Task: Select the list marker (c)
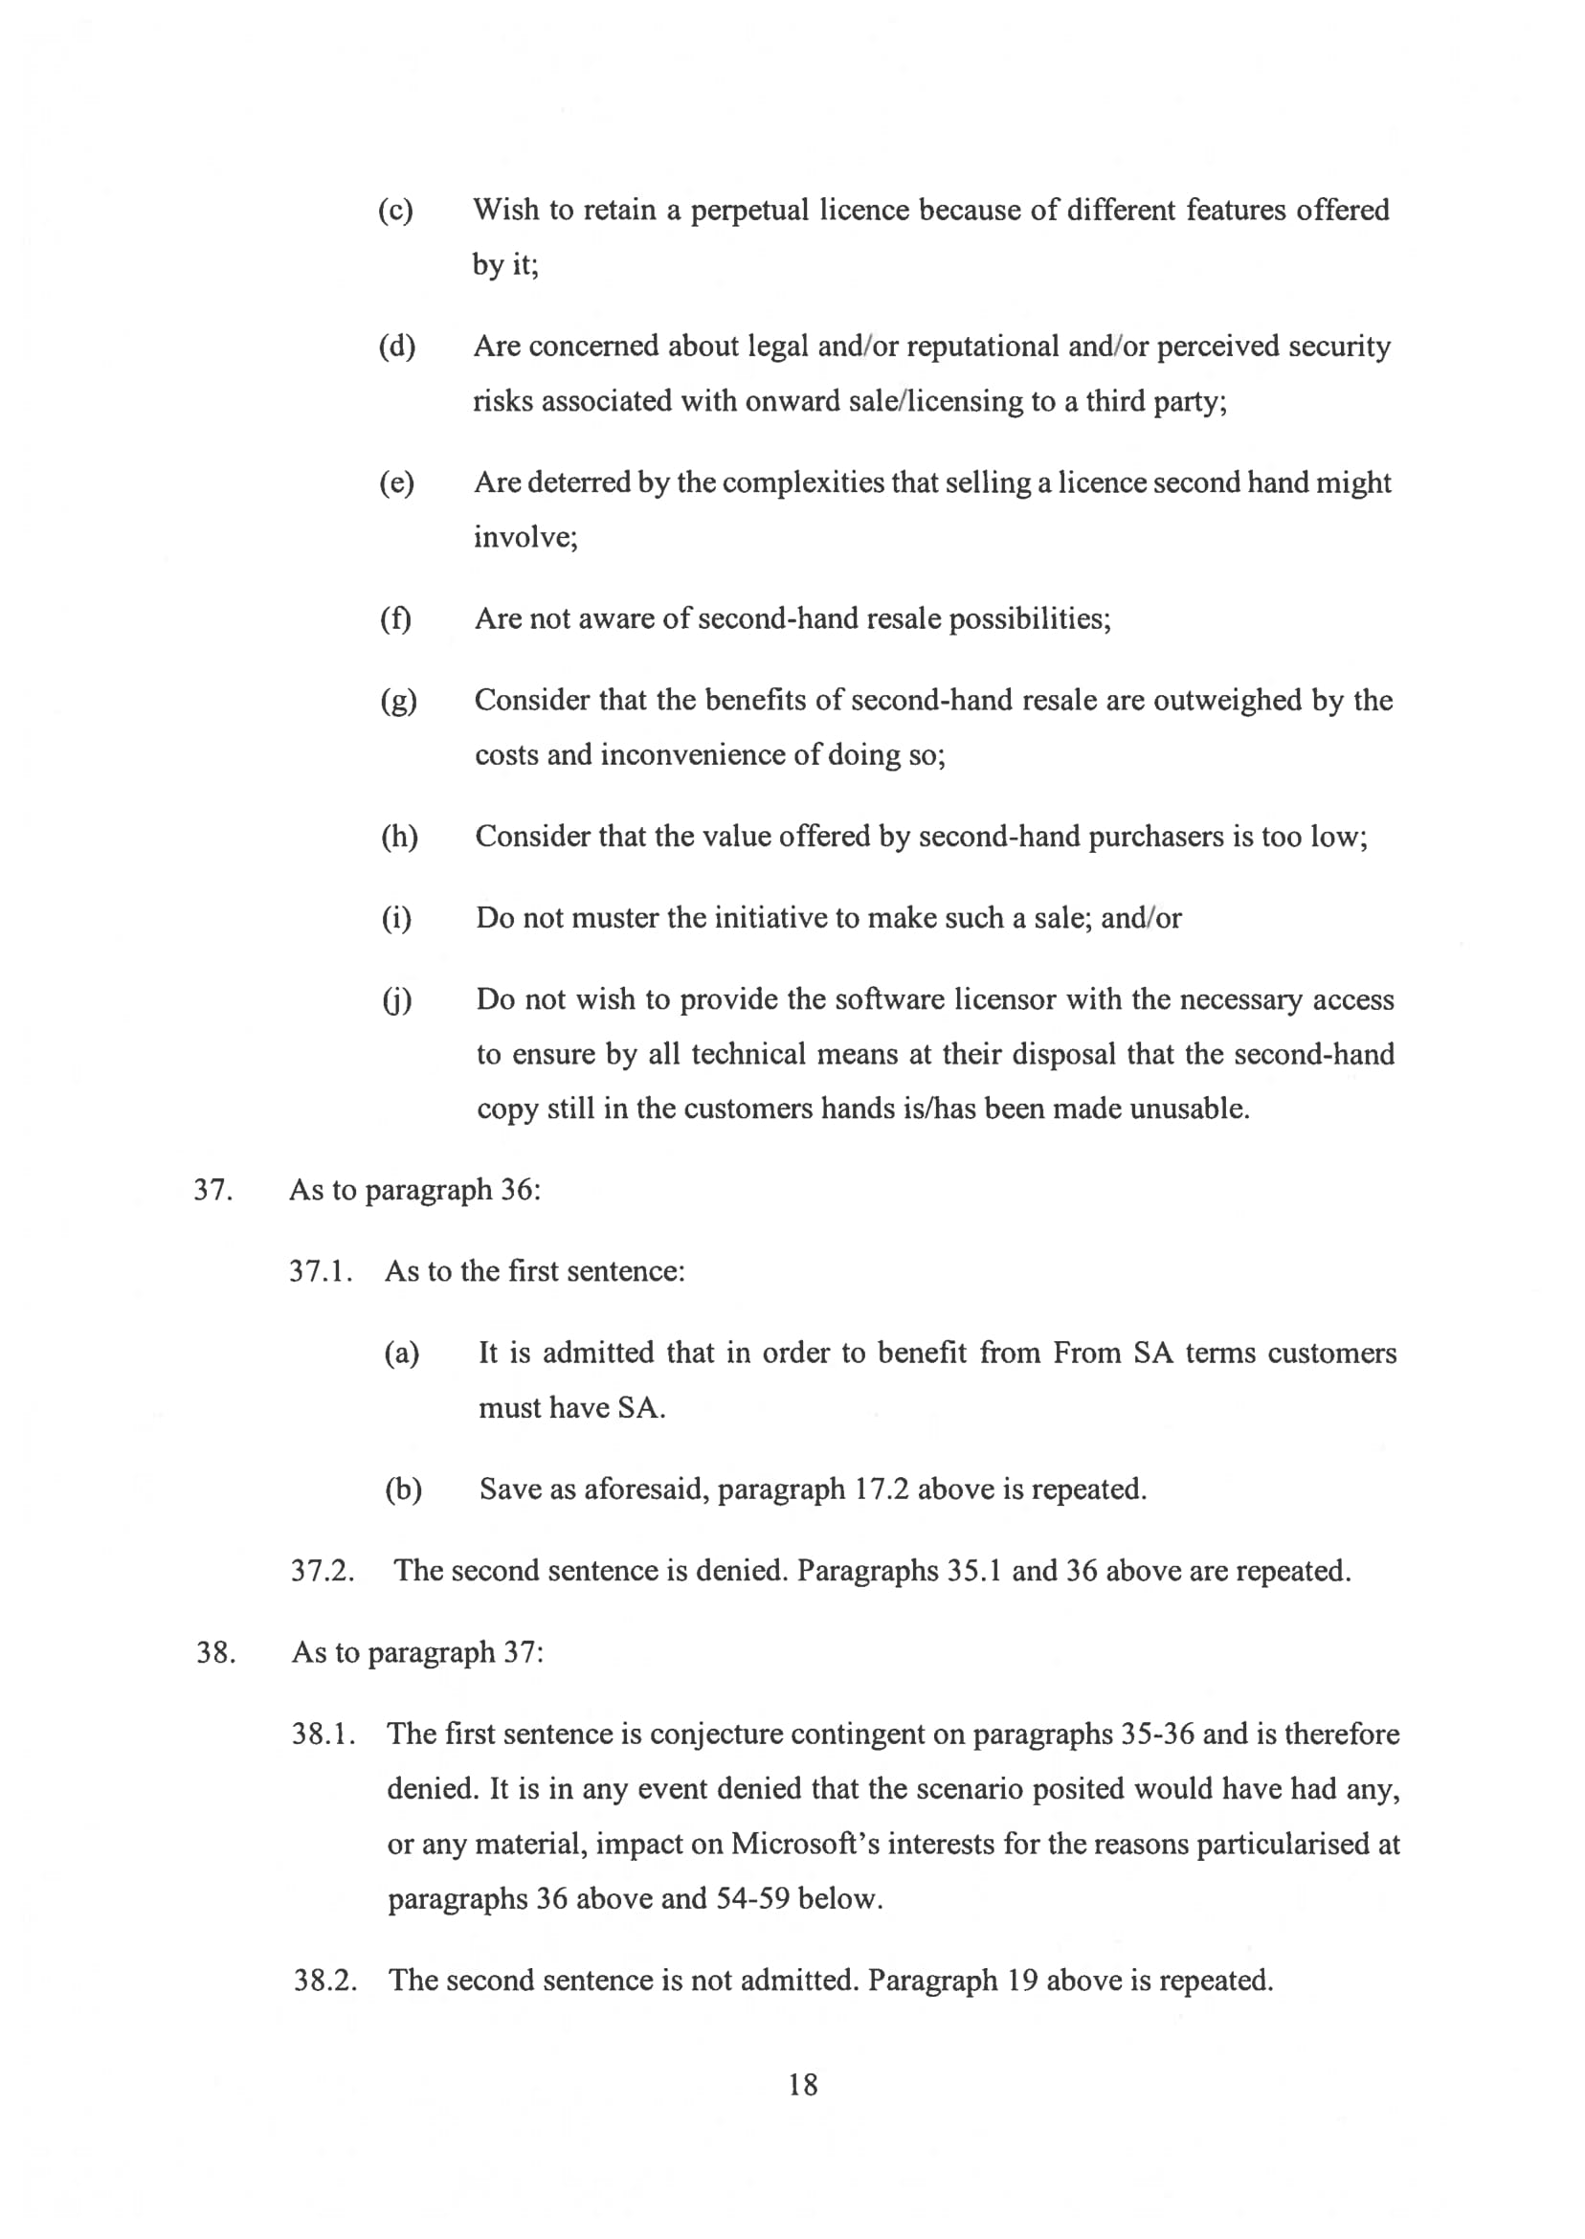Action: click(395, 211)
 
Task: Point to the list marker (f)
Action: click(395, 619)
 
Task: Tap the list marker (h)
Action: click(398, 838)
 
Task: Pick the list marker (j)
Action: click(396, 1000)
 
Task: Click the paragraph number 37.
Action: click(212, 1191)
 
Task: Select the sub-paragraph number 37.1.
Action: click(320, 1272)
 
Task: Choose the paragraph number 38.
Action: click(215, 1652)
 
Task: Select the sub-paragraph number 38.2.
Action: click(325, 1981)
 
